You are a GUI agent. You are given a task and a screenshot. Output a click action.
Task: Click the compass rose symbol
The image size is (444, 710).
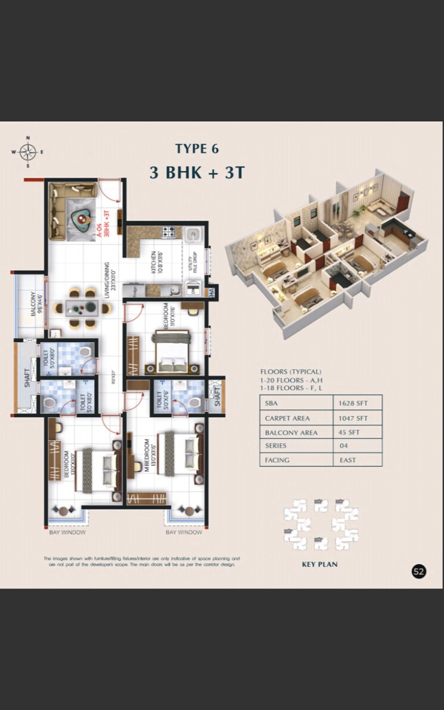click(27, 151)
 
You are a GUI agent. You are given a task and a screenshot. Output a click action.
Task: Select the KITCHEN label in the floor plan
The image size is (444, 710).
click(154, 262)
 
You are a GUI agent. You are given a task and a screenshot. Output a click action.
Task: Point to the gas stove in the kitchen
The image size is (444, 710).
click(167, 232)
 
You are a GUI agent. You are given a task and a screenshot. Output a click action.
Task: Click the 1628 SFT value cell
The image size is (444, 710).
click(358, 403)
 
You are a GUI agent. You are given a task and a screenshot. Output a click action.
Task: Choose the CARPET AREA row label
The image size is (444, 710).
click(287, 418)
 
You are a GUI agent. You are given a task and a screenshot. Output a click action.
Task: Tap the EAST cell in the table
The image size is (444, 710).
click(348, 460)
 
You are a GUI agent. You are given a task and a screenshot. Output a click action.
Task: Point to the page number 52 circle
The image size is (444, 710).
click(419, 571)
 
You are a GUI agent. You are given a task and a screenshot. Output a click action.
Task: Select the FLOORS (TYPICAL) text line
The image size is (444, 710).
click(290, 371)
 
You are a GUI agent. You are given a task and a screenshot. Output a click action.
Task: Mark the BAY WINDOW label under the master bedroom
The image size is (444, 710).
click(184, 532)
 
